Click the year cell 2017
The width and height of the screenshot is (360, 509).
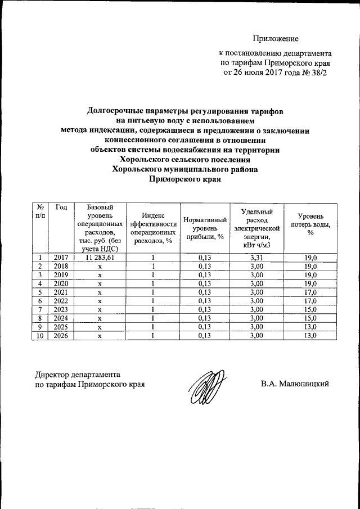coord(61,257)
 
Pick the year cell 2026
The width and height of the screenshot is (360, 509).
coord(61,336)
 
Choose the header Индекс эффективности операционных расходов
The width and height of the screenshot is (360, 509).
coord(152,228)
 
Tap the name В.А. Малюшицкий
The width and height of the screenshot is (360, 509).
coord(294,384)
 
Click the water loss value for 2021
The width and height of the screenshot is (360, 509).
coord(310,292)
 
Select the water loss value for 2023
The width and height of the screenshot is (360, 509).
coord(310,310)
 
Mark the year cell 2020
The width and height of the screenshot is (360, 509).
coord(61,283)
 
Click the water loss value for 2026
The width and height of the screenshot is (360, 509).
coord(310,336)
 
